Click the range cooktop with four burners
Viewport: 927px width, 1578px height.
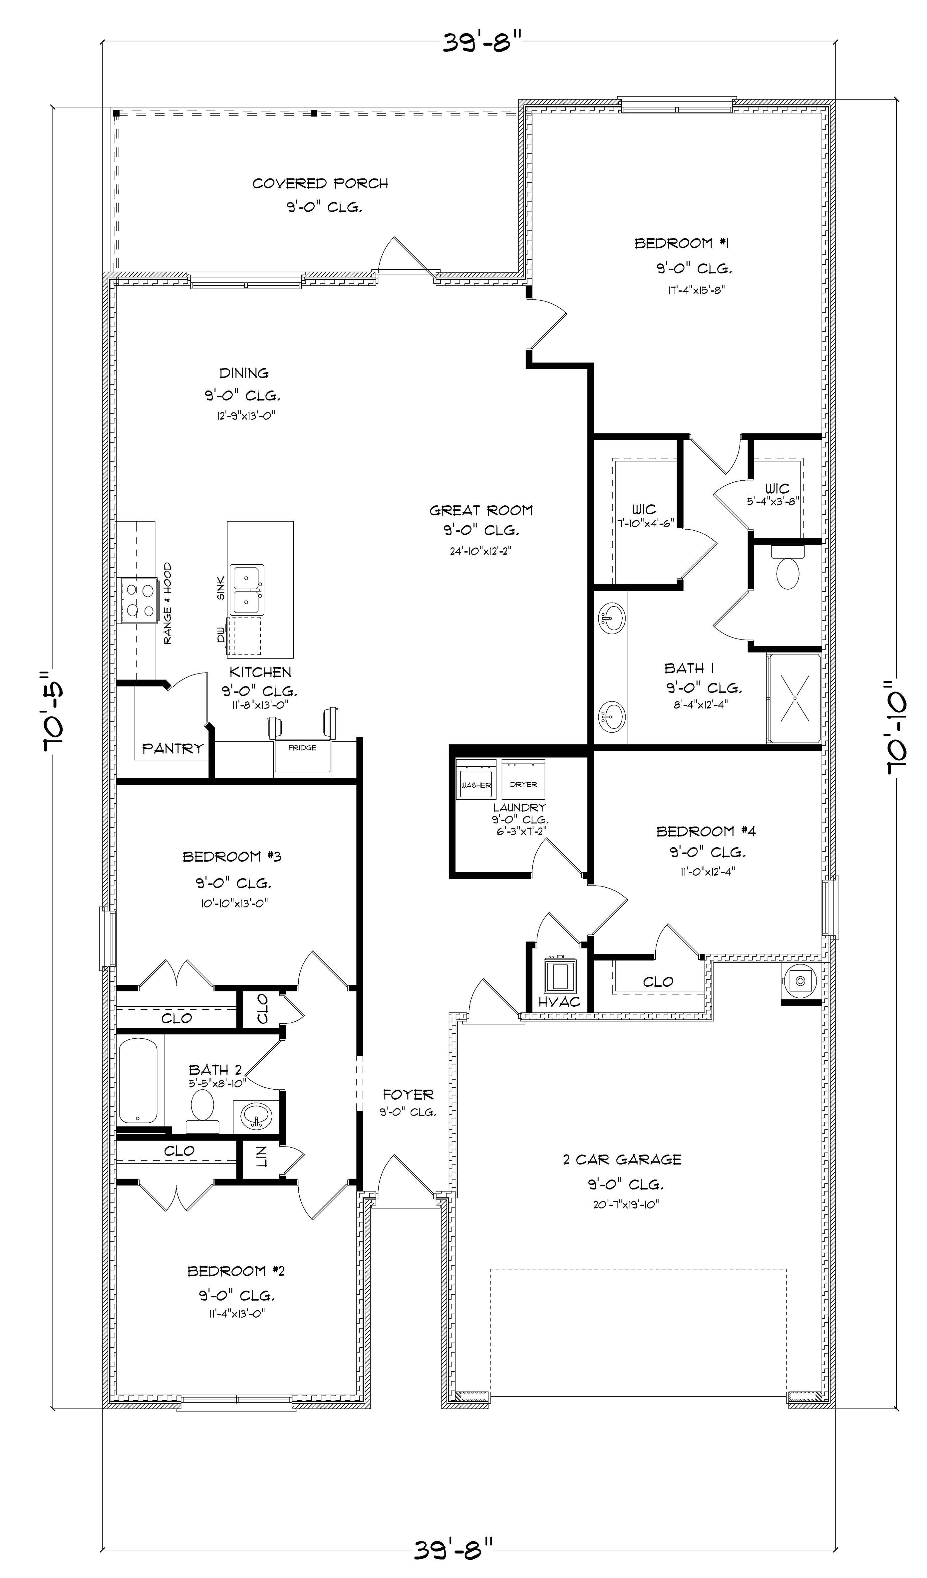[140, 600]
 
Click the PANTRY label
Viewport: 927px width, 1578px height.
[172, 748]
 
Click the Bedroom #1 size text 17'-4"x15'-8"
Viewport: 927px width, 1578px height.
[695, 289]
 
